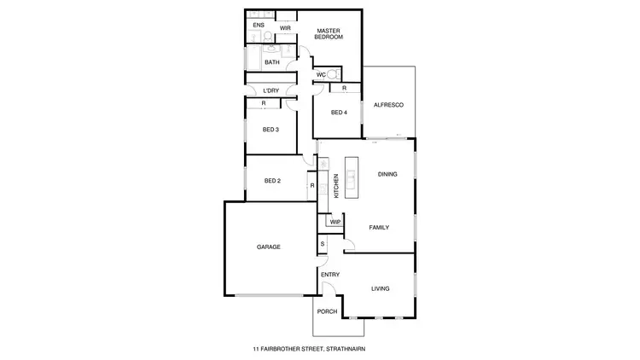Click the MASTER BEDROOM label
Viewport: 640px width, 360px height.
coord(329,33)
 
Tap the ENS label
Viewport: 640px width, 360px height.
coord(258,26)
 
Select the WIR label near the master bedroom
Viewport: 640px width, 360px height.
coord(286,27)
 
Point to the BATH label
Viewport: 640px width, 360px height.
coord(271,62)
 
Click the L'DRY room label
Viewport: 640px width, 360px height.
coord(271,90)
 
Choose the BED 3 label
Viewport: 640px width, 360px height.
coord(271,130)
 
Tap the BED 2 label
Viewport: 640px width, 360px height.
coord(272,181)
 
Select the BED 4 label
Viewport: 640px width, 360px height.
coord(339,113)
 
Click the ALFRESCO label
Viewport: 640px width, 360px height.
coord(388,105)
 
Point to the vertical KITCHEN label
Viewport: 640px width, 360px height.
coord(336,185)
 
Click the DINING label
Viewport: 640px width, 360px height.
coord(387,174)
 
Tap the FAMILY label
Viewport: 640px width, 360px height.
coord(379,228)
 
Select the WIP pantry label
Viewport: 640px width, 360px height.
coord(335,222)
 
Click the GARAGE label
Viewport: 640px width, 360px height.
coord(269,247)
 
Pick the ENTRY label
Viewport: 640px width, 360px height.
coord(330,275)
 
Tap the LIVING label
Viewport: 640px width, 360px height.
coord(380,289)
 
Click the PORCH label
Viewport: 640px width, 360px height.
coord(327,312)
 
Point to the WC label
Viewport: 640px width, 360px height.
coord(320,75)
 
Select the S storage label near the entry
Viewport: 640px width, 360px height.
coord(322,244)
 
